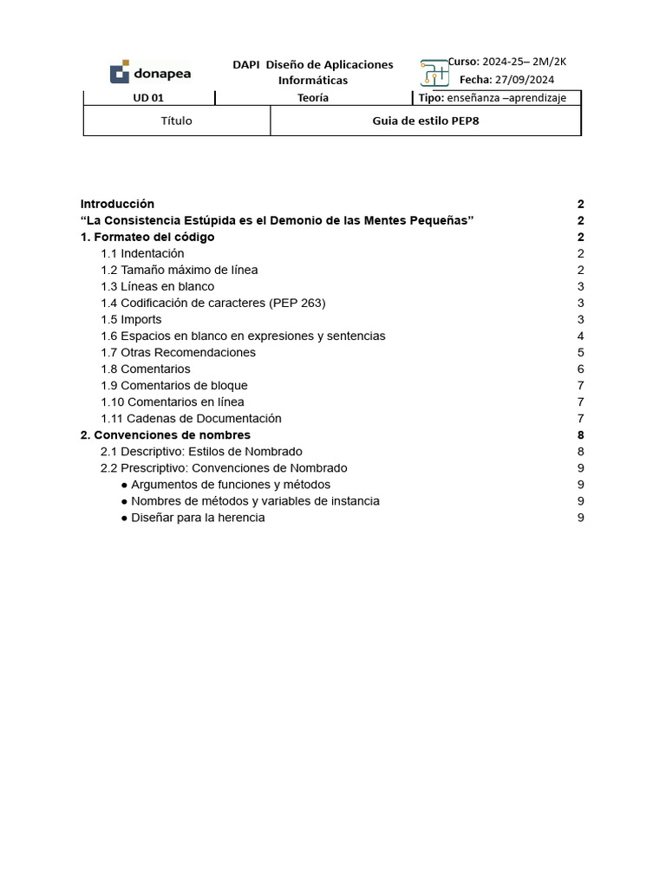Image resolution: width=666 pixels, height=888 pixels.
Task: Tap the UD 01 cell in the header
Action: pos(147,98)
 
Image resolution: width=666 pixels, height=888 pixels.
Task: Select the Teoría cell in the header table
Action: pos(313,98)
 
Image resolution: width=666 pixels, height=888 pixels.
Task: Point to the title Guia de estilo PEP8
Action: pos(425,121)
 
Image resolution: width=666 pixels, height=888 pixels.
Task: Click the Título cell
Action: pos(176,121)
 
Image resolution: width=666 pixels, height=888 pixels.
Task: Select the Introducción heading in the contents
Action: pos(117,204)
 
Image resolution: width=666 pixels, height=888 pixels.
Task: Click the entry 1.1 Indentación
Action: pos(142,253)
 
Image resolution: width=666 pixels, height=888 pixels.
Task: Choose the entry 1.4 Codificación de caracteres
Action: pos(212,303)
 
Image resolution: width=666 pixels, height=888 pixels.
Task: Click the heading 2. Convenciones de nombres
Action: pos(165,434)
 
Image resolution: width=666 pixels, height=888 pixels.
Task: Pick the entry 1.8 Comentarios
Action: pos(145,369)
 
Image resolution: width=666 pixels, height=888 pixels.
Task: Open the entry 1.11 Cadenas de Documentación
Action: pos(191,418)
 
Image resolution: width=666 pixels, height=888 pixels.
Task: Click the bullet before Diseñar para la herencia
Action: pos(125,518)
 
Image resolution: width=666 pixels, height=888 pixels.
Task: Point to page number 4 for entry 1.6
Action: pos(580,336)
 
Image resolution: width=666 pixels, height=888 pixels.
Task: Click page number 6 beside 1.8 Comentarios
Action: pos(580,369)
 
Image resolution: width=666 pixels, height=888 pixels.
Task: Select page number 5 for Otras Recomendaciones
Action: pos(580,352)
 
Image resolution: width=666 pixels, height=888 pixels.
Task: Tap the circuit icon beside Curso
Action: pos(434,74)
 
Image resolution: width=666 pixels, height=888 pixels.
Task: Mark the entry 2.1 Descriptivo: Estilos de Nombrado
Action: pos(201,451)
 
